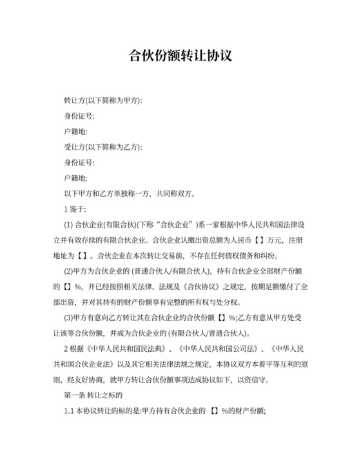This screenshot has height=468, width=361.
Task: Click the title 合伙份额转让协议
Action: [x=180, y=56]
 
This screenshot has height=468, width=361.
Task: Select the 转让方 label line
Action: [x=102, y=101]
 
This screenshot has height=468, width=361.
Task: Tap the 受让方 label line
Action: [x=102, y=147]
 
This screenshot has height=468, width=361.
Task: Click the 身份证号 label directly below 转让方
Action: [x=79, y=116]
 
